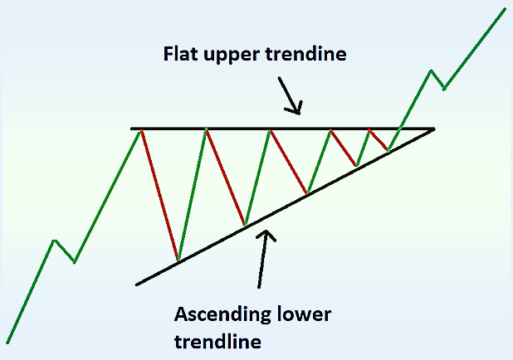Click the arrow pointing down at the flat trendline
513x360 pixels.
tap(290, 95)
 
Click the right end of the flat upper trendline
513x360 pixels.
tap(433, 129)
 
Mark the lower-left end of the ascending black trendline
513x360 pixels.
tap(137, 285)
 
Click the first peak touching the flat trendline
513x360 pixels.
tap(141, 129)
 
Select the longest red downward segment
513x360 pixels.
tap(159, 196)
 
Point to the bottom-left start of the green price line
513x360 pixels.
tap(7, 342)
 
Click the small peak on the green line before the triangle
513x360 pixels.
tap(55, 241)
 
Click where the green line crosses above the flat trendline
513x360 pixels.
tap(399, 129)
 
